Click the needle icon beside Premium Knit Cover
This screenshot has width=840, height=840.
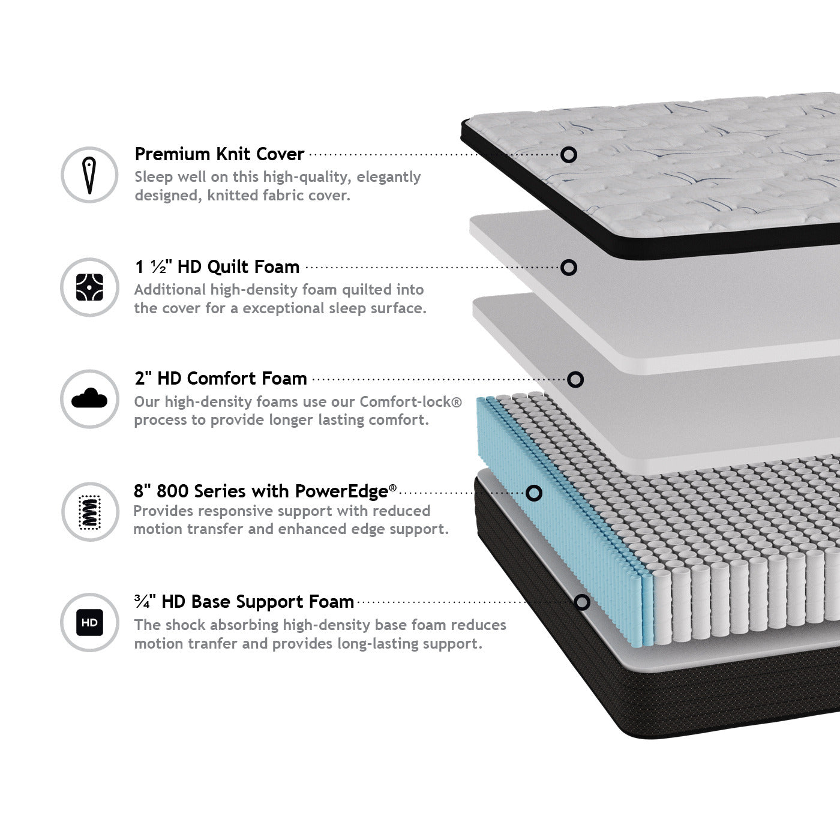click(89, 175)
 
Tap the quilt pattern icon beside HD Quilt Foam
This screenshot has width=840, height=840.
click(89, 287)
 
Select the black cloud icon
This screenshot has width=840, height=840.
click(89, 398)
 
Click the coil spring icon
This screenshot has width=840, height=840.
click(89, 512)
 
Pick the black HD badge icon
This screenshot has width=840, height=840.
click(89, 622)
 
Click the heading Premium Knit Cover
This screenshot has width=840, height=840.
click(219, 154)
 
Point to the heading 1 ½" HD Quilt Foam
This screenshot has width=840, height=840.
click(218, 267)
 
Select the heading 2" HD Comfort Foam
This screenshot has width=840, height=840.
click(221, 379)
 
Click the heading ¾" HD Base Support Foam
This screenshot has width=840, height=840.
click(244, 602)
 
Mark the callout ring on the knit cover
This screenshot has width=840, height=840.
click(569, 155)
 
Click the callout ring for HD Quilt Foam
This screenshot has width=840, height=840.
click(569, 267)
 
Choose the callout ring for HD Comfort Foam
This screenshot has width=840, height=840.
click(575, 380)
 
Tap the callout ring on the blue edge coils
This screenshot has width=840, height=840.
click(534, 493)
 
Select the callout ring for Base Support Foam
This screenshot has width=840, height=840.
click(582, 602)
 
